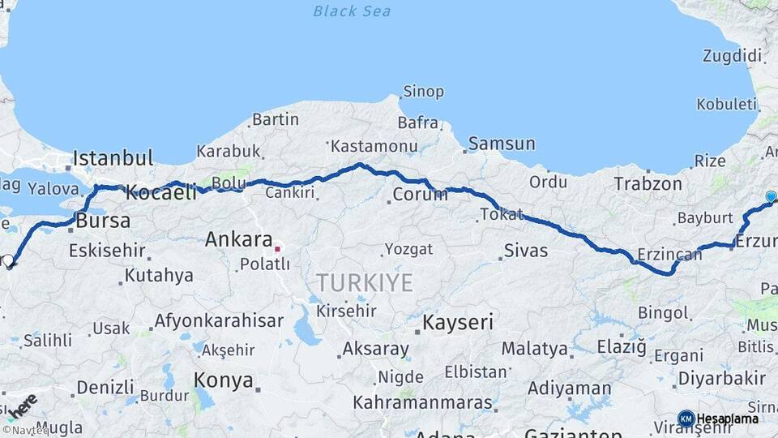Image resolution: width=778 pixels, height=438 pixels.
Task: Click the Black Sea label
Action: point(352,11)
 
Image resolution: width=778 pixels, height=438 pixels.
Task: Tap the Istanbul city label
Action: point(113,157)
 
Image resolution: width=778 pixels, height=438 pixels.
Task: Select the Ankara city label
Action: point(238,239)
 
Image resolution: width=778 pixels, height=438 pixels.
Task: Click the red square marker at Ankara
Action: point(277,249)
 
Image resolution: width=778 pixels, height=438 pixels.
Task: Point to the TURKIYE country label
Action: point(364,283)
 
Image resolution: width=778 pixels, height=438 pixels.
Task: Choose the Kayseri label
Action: point(458,322)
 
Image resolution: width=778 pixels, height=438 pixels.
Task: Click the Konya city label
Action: point(223,380)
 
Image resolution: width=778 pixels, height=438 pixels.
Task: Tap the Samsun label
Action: point(502,144)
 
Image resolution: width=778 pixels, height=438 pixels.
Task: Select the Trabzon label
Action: point(648,183)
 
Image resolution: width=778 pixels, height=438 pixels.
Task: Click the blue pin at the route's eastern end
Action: point(771,196)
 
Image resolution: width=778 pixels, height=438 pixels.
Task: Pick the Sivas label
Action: point(525,250)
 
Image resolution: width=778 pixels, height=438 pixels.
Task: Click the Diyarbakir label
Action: point(721,378)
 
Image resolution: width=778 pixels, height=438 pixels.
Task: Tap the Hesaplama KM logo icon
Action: point(686,419)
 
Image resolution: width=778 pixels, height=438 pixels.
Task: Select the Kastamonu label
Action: point(374,147)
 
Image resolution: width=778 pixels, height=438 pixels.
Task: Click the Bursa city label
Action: point(101,221)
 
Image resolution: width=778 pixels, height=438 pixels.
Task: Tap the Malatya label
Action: point(534,349)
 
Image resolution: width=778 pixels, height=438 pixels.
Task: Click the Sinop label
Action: point(423,92)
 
